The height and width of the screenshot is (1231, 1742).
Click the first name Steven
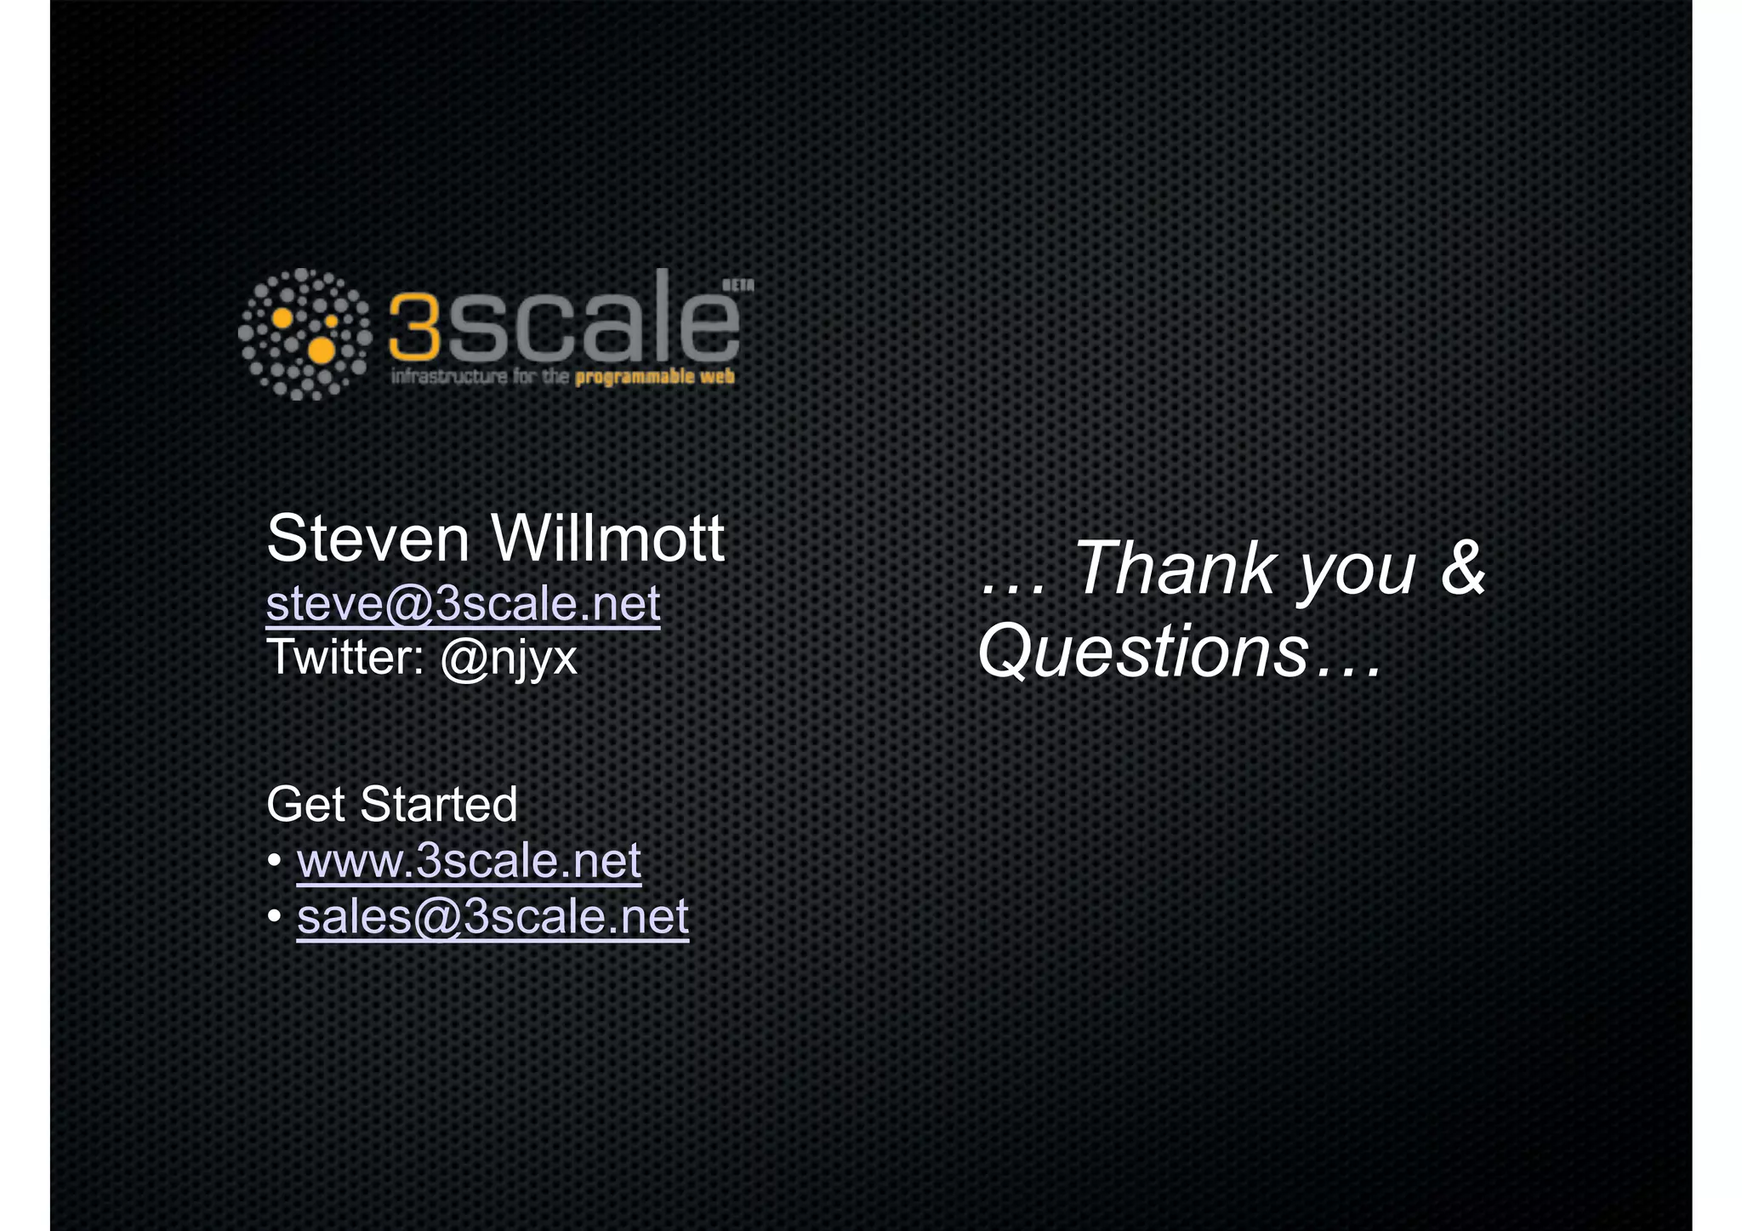(x=367, y=539)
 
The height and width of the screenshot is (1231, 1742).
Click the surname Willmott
(x=607, y=539)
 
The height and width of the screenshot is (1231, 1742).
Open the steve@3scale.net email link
(x=463, y=604)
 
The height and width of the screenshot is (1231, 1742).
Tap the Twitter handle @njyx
(x=509, y=658)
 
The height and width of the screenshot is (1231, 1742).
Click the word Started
(x=438, y=805)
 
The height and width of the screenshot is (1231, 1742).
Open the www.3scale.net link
(x=469, y=861)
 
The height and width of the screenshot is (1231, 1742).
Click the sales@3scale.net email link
(x=492, y=917)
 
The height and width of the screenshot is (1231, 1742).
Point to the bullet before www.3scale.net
(x=275, y=862)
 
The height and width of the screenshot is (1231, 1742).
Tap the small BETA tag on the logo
(x=737, y=286)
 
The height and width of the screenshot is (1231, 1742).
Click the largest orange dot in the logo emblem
(x=321, y=350)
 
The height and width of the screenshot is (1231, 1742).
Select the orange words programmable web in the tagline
(x=654, y=378)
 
